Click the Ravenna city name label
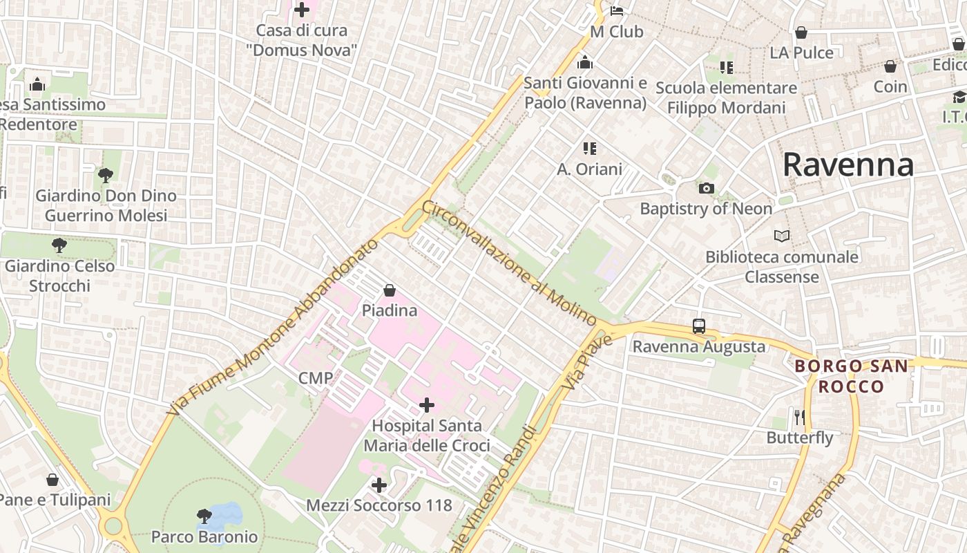click(x=848, y=165)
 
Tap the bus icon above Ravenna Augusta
click(x=699, y=326)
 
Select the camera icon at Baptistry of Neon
click(x=706, y=188)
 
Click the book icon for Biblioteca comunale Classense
click(x=782, y=236)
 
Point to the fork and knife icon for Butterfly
click(x=800, y=417)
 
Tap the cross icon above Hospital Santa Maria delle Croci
click(x=427, y=405)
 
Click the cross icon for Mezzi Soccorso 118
click(x=379, y=485)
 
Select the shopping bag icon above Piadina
click(x=390, y=290)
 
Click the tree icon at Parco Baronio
click(x=204, y=516)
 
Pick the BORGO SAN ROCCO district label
click(x=851, y=376)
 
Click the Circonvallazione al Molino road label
click(x=509, y=263)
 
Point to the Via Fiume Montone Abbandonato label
click(x=274, y=327)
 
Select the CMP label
click(x=316, y=377)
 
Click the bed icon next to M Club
click(x=617, y=11)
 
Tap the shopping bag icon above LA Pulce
click(x=801, y=32)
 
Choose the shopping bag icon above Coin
click(x=890, y=66)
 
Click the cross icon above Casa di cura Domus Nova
click(x=302, y=10)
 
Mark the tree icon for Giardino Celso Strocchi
click(x=59, y=245)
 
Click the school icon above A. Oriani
click(x=589, y=148)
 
